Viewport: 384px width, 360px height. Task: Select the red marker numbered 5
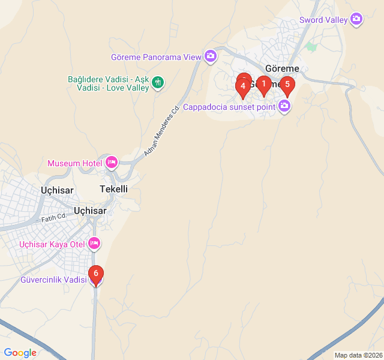pos(287,85)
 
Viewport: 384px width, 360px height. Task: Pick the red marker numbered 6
pos(95,274)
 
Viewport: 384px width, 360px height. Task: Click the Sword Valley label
pos(323,20)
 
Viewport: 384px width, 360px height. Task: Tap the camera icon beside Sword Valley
pos(357,20)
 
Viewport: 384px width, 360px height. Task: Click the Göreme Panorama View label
pos(156,57)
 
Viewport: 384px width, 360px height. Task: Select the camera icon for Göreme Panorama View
pos(211,56)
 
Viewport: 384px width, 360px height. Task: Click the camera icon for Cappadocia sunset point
pos(284,107)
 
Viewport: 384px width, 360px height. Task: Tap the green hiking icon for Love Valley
pos(158,82)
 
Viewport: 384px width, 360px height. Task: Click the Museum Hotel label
pos(74,163)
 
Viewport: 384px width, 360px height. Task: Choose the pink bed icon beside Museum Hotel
pos(111,163)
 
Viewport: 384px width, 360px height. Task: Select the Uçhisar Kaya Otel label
pos(52,244)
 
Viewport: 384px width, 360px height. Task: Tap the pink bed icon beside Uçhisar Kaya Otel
pos(94,244)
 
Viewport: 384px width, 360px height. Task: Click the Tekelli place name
pos(113,189)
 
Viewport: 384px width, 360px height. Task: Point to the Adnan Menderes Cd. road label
pos(162,132)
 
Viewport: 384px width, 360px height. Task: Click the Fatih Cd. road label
pos(53,219)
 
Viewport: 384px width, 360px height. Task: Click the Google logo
pos(20,353)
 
